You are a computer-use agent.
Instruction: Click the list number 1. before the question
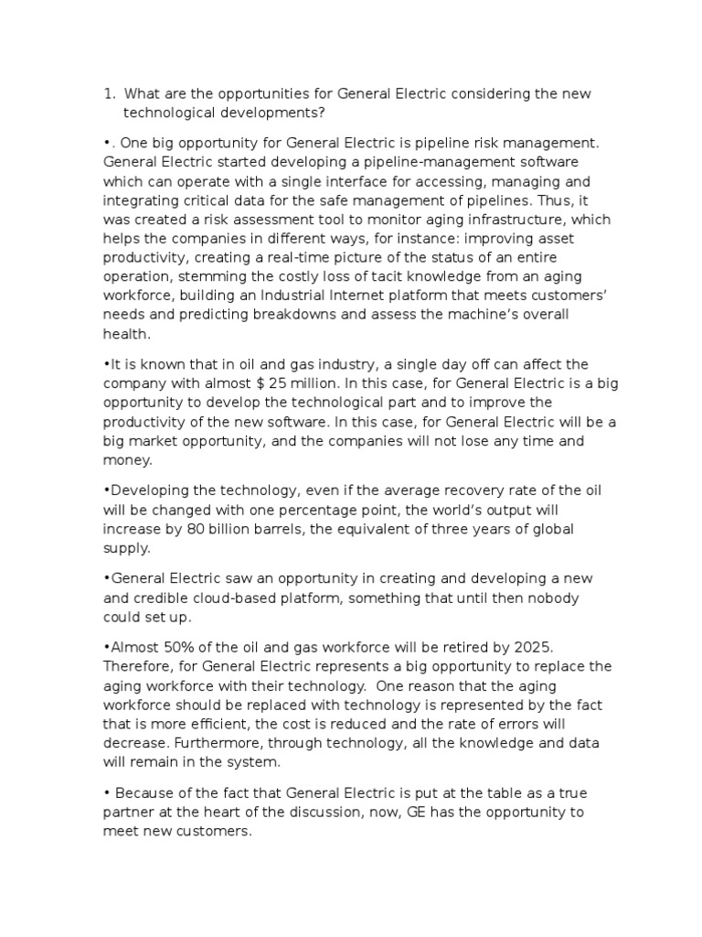pyautogui.click(x=110, y=93)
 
